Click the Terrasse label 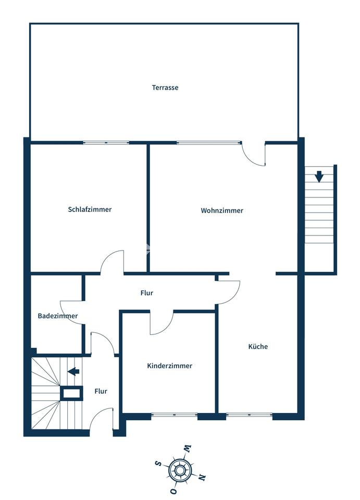click(165, 87)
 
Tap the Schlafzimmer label click(90, 209)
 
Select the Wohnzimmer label click(222, 210)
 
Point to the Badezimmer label click(57, 316)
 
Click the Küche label click(258, 346)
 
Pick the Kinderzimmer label click(169, 366)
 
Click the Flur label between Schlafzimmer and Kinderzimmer click(147, 293)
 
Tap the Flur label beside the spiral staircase click(101, 391)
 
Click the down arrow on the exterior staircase click(319, 177)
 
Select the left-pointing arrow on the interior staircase click(73, 371)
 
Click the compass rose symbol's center click(180, 470)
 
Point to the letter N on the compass click(202, 477)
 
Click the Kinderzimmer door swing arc click(162, 324)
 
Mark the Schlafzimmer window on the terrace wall click(106, 142)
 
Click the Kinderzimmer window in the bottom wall click(175, 415)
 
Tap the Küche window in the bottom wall click(249, 415)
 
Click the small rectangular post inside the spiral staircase click(71, 393)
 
